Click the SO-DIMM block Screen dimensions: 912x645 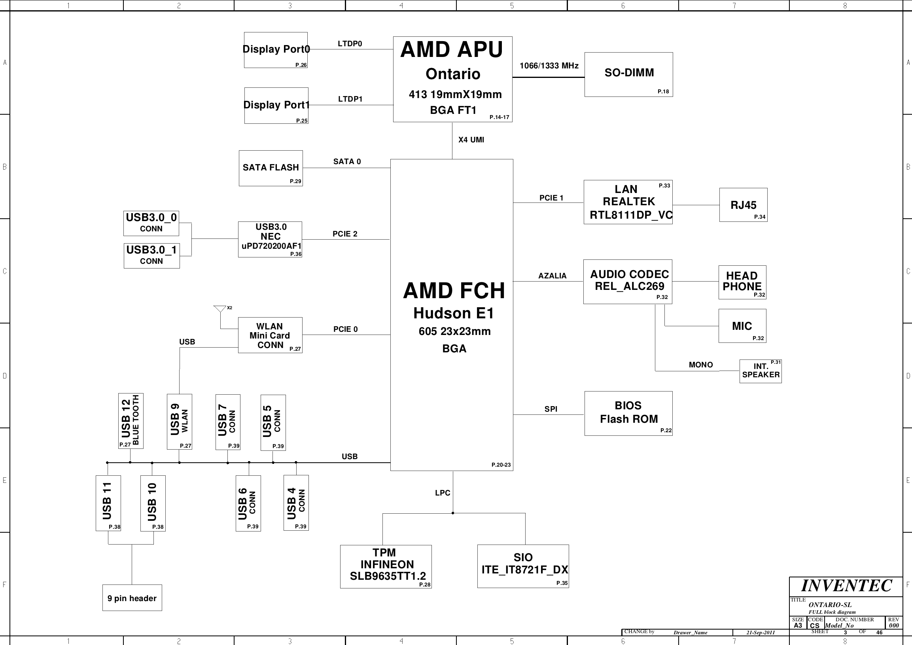[628, 74]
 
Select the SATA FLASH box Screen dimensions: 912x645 [271, 168]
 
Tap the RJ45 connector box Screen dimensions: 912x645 [743, 205]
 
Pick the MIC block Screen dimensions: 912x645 [742, 326]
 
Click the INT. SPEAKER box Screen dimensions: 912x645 [760, 371]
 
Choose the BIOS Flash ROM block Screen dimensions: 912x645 [628, 413]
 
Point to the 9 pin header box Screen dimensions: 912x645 [132, 598]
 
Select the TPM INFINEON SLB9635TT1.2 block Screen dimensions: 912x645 [386, 566]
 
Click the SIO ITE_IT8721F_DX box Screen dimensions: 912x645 [523, 566]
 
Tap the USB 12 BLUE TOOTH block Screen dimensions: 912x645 [131, 421]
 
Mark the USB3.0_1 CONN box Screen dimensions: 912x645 [152, 256]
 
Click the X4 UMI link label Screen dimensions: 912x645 [471, 140]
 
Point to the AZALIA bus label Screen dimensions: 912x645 [552, 276]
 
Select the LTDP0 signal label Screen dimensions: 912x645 [350, 44]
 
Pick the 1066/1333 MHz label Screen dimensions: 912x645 [549, 66]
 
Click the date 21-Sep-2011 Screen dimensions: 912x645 [761, 633]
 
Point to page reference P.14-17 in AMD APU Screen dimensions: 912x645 [499, 117]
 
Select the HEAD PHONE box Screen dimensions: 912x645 [742, 282]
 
